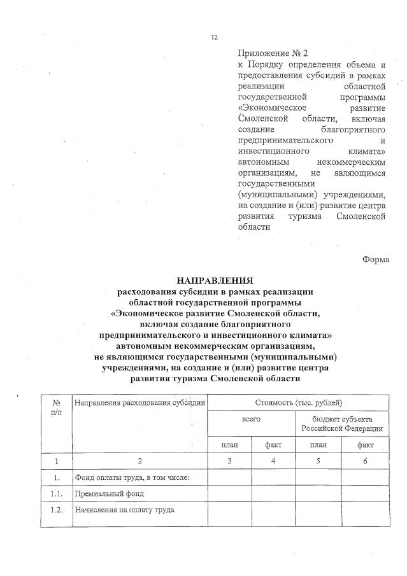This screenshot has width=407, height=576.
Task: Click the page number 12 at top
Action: click(x=214, y=38)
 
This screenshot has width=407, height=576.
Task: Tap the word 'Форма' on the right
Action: click(x=376, y=258)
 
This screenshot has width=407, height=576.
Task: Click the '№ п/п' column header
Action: click(x=56, y=407)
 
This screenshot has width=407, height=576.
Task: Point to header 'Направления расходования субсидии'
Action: click(x=139, y=403)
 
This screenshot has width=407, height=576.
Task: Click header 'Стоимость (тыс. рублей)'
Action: click(x=298, y=403)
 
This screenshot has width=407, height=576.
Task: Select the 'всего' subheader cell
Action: click(x=251, y=420)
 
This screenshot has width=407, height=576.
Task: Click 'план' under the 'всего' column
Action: click(x=230, y=445)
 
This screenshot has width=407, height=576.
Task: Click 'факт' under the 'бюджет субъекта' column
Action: click(x=365, y=445)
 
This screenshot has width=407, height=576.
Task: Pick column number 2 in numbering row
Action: click(x=139, y=461)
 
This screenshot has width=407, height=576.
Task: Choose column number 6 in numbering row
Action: click(x=365, y=461)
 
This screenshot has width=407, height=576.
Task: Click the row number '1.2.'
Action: click(x=57, y=510)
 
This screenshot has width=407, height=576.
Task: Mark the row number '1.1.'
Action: click(x=57, y=493)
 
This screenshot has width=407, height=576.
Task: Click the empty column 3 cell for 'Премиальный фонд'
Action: click(x=230, y=493)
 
